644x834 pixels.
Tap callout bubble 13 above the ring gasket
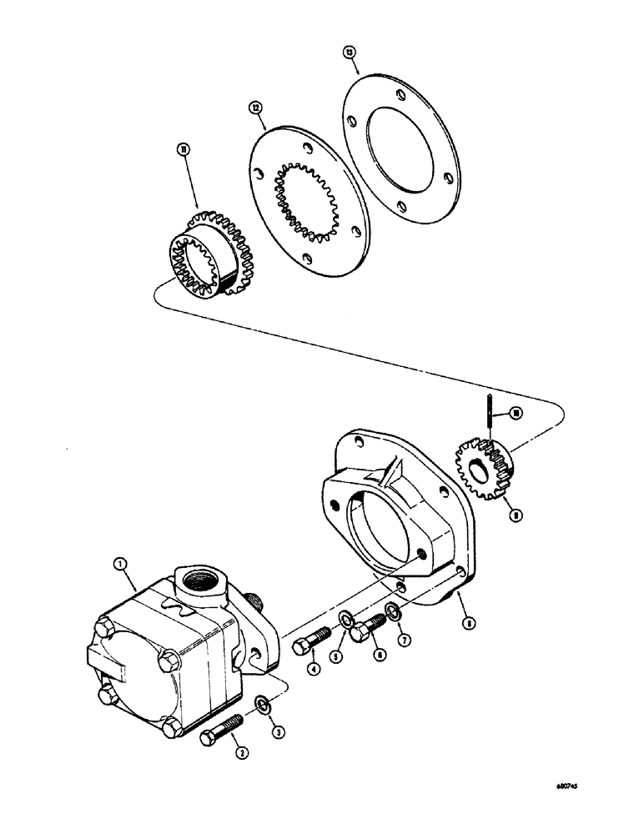(350, 53)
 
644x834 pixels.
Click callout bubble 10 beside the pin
(516, 412)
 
